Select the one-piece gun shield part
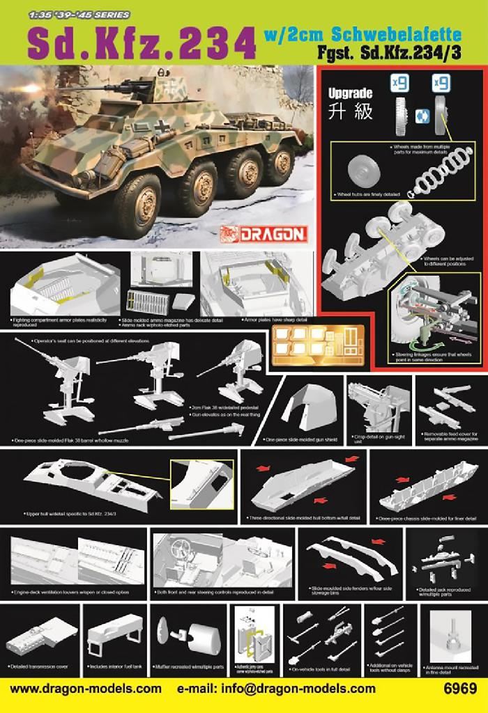[305, 410]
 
